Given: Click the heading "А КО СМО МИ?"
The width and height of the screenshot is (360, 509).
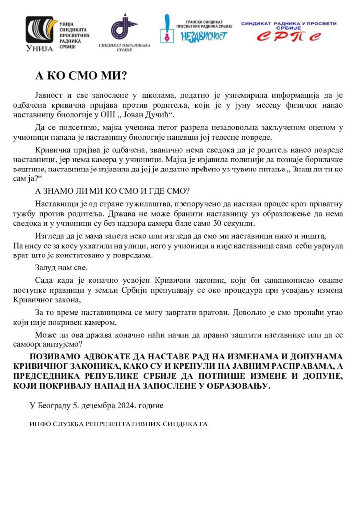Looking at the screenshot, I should coord(81,75).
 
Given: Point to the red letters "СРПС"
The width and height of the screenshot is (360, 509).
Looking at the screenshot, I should coord(288,36).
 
